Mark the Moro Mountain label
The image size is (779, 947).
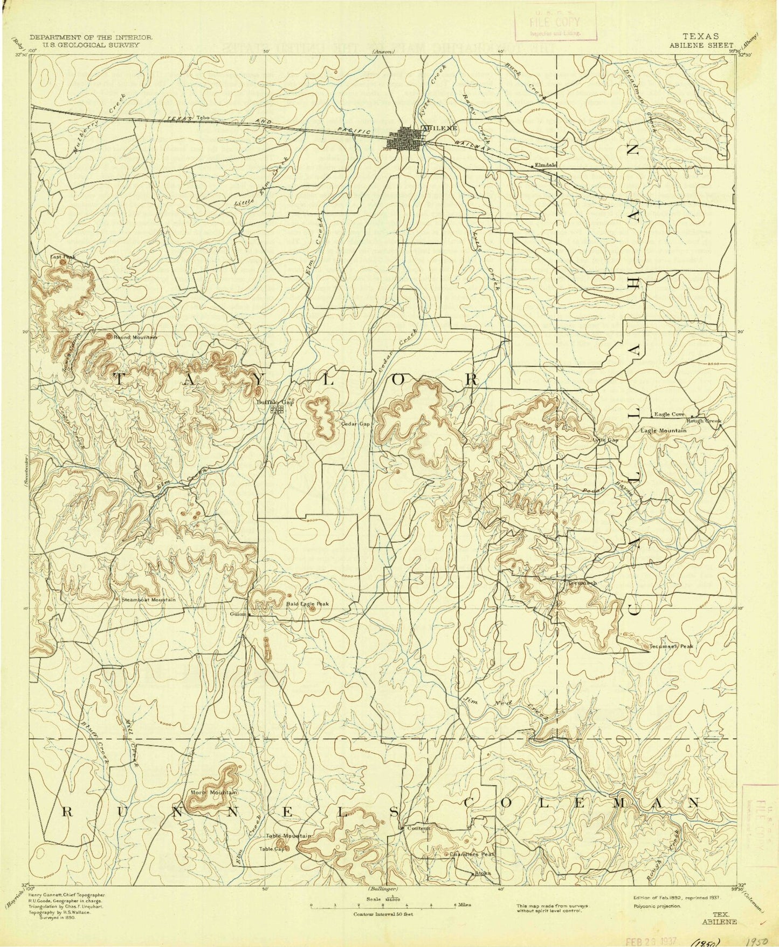215,792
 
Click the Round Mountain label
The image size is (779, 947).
135,337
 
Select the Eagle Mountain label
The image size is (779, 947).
664,431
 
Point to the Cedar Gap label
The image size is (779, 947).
356,424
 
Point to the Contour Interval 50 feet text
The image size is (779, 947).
383,915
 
